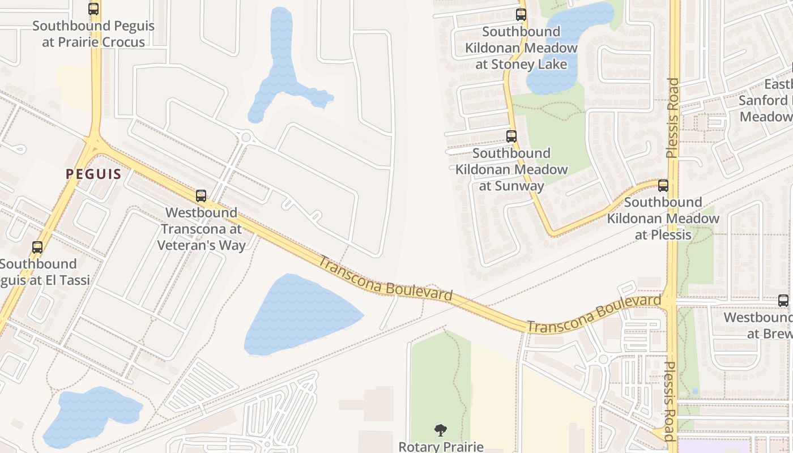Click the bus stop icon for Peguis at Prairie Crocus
click(93, 9)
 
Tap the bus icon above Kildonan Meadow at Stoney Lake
click(521, 15)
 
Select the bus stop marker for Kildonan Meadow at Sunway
click(511, 136)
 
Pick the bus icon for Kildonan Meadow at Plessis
click(663, 185)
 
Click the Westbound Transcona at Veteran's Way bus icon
click(201, 196)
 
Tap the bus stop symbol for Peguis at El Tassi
click(37, 247)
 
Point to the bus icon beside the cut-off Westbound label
click(783, 301)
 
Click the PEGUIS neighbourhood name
click(93, 174)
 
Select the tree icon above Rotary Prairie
click(441, 430)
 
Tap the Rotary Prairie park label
click(441, 447)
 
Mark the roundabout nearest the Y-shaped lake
click(246, 136)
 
